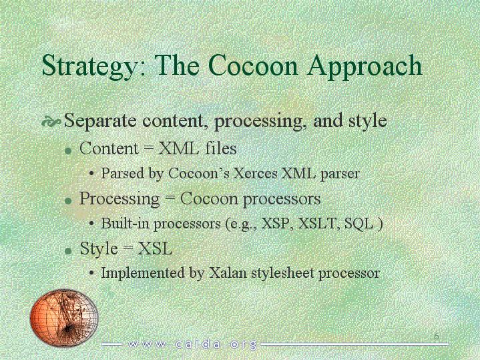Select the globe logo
tap(64, 317)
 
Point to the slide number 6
tap(436, 337)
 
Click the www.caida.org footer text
tap(192, 345)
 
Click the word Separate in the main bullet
tap(100, 121)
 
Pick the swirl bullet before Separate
tap(51, 122)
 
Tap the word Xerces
tap(255, 174)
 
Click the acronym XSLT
tap(317, 223)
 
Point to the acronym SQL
tap(358, 223)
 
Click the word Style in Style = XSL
tap(99, 248)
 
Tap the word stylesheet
tap(282, 273)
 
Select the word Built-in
tap(126, 223)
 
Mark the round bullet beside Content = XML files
tap(69, 151)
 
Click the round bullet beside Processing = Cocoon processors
tap(69, 200)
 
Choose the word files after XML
tap(221, 148)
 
